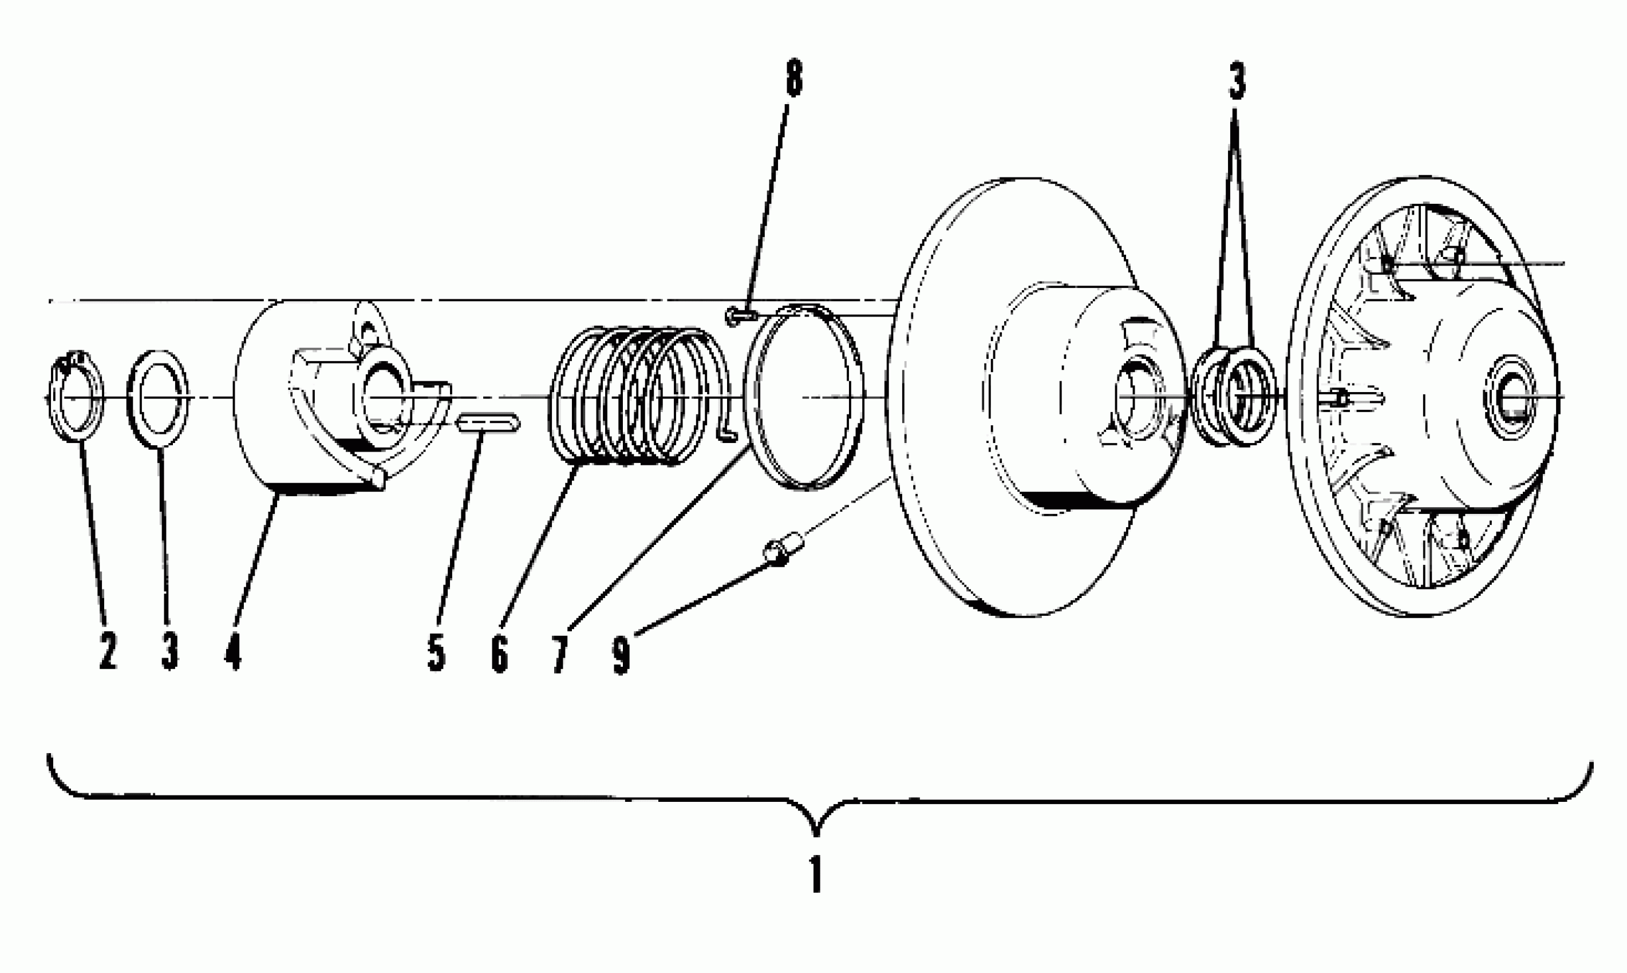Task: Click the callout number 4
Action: [233, 651]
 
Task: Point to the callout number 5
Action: [436, 652]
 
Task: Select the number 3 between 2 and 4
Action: [170, 651]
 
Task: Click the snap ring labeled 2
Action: [76, 397]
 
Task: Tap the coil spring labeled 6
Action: [636, 397]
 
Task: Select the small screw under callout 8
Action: [739, 317]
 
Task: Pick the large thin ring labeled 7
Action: [804, 397]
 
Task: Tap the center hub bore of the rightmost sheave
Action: [1508, 397]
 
